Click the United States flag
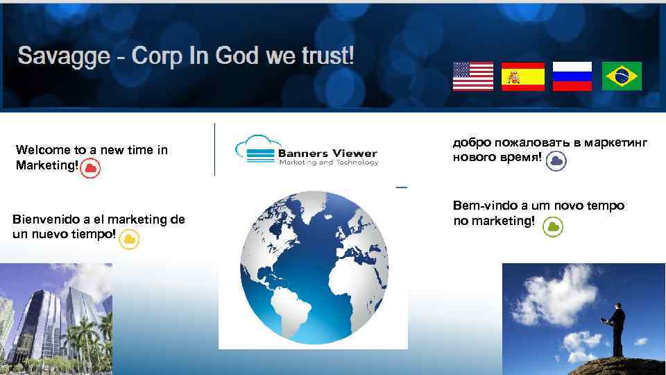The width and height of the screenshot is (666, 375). (472, 76)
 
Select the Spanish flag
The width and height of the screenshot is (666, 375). (522, 76)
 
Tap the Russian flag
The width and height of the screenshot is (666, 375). (572, 76)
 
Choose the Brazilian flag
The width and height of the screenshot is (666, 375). (622, 76)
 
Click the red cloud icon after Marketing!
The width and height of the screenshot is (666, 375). (90, 169)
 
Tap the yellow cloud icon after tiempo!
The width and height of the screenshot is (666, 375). (129, 240)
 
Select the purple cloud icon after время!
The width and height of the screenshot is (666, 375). (556, 161)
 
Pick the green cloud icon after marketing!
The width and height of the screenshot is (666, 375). (553, 226)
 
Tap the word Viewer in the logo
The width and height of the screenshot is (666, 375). (352, 153)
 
